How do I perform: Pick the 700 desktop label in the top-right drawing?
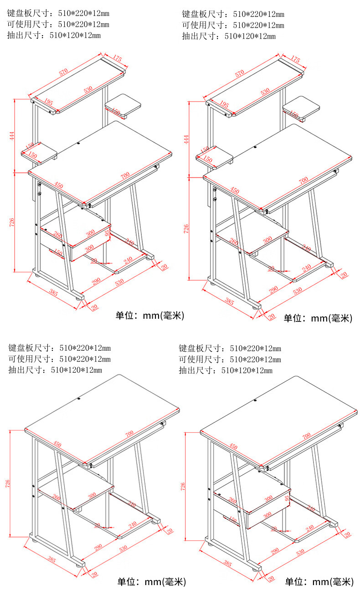pyautogui.click(x=303, y=181)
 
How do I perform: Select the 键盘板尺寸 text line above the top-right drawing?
pyautogui.click(x=233, y=14)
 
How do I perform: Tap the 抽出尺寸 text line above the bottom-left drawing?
pyautogui.click(x=55, y=370)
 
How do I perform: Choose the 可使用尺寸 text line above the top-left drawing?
pyautogui.click(x=58, y=24)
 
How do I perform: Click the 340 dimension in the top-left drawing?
pyautogui.click(x=129, y=242)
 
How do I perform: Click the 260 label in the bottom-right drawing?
pyautogui.click(x=232, y=500)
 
